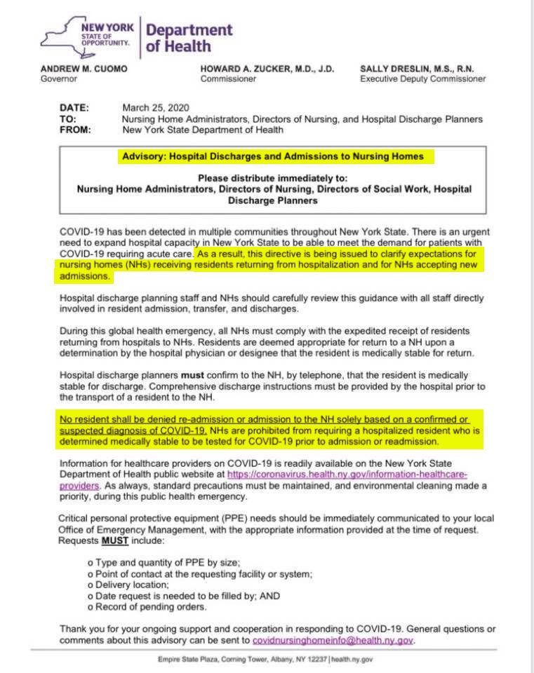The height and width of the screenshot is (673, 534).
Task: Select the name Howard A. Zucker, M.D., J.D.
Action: coord(267,69)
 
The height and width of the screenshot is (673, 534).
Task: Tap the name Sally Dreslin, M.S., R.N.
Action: coord(417,69)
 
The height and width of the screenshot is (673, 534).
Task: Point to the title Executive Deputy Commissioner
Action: coord(422,79)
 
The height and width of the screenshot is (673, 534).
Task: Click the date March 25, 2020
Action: coord(152,108)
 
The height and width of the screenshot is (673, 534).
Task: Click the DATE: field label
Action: coord(74,108)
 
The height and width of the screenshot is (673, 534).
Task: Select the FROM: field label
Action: coord(76,130)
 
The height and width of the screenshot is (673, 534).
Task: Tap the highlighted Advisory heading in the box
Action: coord(273,156)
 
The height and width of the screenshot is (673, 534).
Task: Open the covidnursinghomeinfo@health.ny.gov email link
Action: coord(333,640)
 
